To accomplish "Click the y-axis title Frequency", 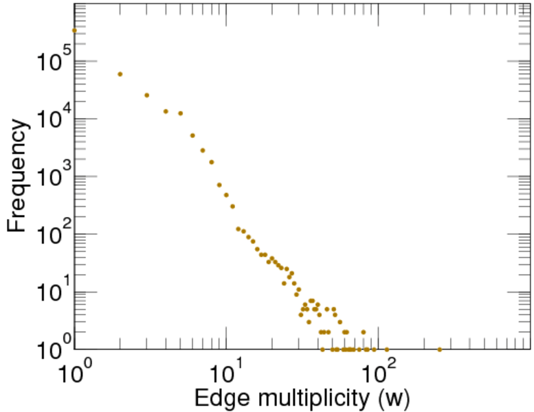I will [19, 176].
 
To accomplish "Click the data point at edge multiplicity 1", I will [74, 30].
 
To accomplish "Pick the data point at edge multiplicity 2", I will [120, 74].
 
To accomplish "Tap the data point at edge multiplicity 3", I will [146, 95].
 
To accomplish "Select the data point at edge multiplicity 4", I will [166, 111].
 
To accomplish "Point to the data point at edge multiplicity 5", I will [180, 113].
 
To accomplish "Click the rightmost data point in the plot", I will [439, 350].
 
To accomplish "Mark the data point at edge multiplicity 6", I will [192, 135].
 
